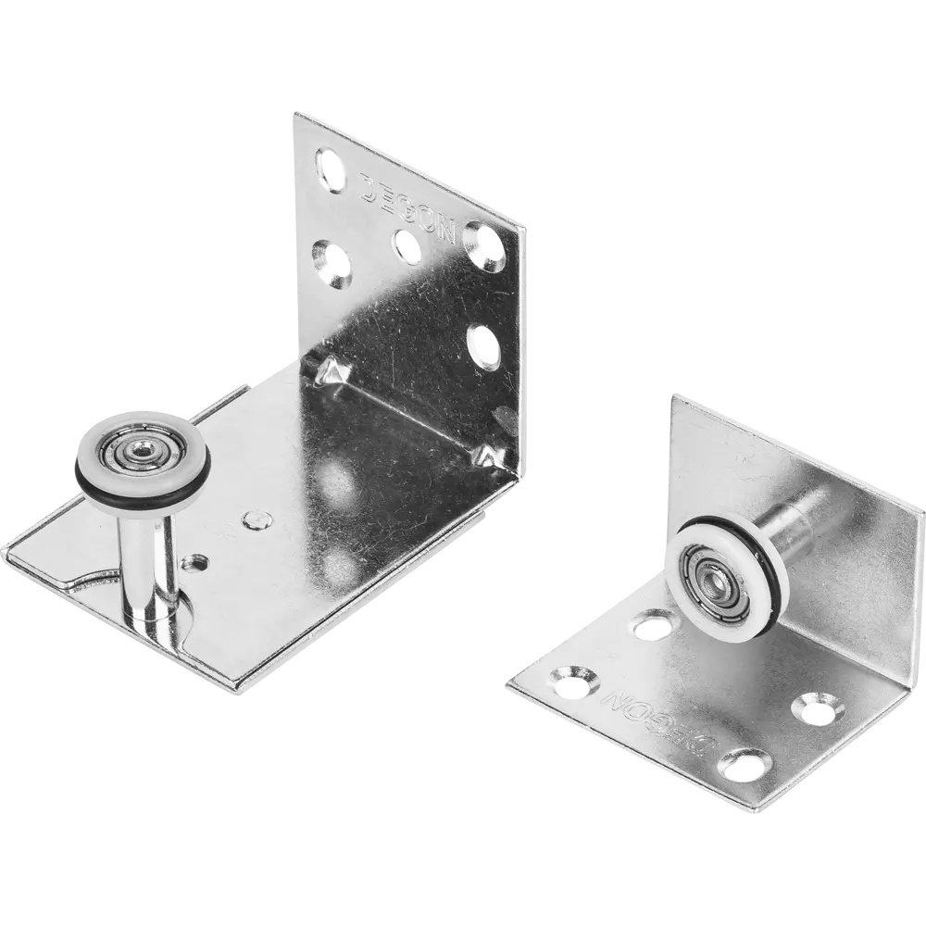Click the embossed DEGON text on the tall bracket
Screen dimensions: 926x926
pyautogui.click(x=408, y=208)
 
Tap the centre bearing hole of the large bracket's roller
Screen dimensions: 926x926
pyautogui.click(x=142, y=454)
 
